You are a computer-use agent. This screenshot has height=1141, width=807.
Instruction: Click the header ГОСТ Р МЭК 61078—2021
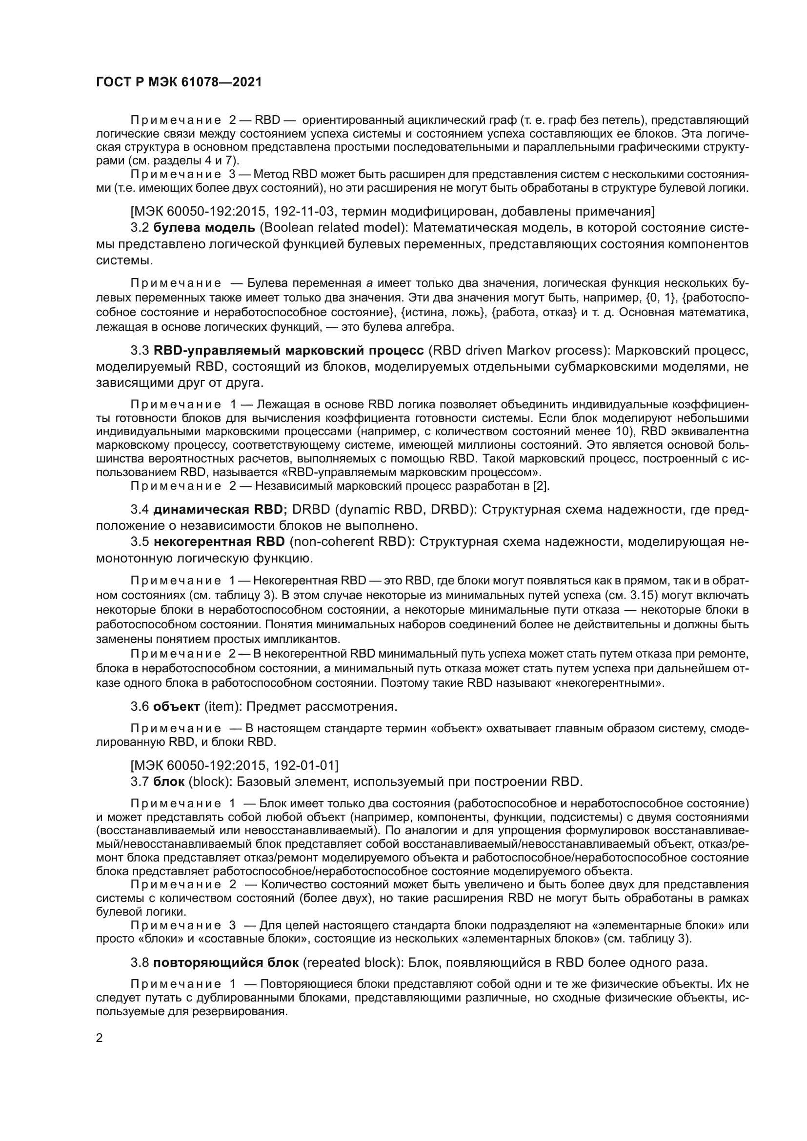pyautogui.click(x=179, y=82)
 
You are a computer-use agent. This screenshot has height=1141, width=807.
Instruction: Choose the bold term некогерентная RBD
pyautogui.click(x=219, y=541)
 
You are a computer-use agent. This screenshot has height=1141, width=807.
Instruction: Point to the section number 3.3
pyautogui.click(x=140, y=351)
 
